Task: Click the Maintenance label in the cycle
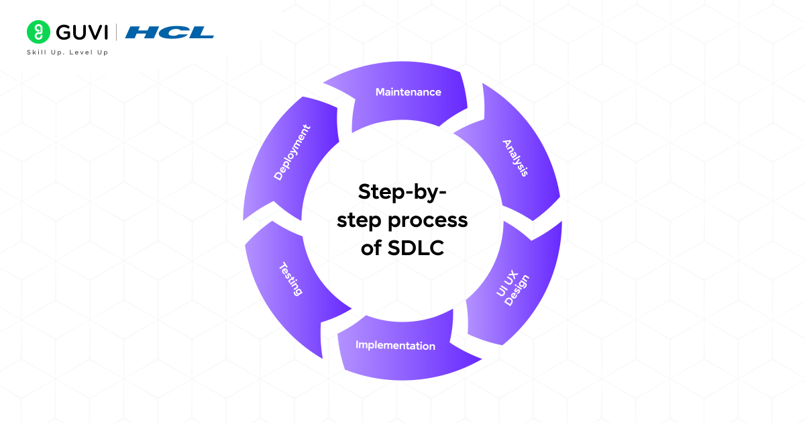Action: [x=408, y=92]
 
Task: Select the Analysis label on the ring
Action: [x=516, y=158]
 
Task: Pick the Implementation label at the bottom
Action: [x=395, y=346]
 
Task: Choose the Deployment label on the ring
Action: [x=292, y=152]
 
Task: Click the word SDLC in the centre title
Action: [x=416, y=248]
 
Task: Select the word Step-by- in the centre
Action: [x=402, y=191]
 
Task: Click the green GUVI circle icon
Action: [x=38, y=32]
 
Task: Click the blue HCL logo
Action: [x=170, y=32]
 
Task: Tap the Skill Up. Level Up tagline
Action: [x=67, y=52]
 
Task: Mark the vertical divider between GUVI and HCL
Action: [x=117, y=32]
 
